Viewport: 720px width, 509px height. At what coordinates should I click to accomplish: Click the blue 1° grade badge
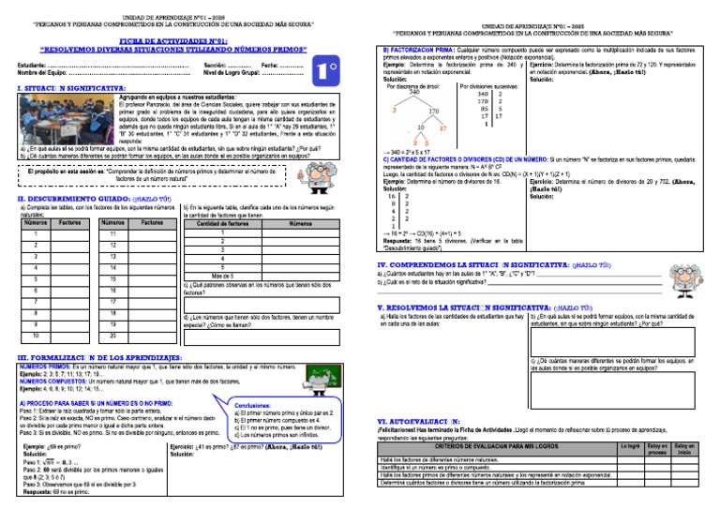(325, 70)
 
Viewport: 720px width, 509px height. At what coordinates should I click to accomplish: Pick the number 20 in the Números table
(112, 335)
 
